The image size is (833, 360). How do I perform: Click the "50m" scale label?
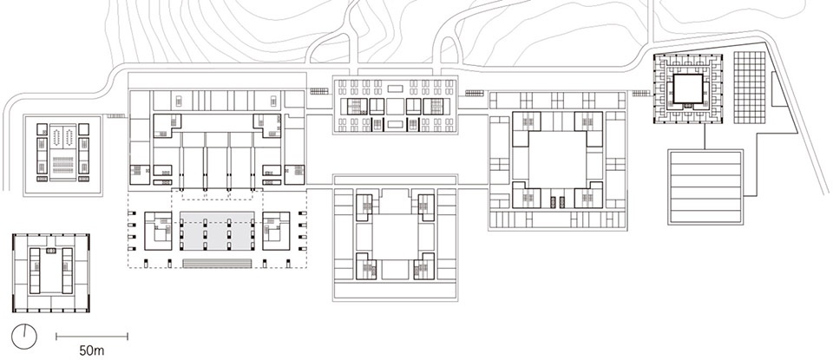92,350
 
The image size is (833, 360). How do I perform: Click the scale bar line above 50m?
92,336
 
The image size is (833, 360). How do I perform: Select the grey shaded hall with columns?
216,230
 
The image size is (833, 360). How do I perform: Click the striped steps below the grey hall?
217,264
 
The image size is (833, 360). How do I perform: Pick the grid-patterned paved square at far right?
749,88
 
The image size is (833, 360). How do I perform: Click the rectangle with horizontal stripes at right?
705,187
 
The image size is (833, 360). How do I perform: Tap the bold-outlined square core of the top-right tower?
688,88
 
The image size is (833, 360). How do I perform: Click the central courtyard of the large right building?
557,160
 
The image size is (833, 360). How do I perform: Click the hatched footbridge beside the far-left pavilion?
115,115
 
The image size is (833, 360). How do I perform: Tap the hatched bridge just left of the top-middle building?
320,92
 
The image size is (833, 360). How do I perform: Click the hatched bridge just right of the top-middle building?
475,94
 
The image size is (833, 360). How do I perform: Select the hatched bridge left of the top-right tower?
641,94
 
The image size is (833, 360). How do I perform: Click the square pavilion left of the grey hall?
158,231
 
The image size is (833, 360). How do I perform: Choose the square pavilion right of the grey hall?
276,231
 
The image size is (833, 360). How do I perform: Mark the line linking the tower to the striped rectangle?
705,136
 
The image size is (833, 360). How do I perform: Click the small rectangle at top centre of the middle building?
395,88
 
